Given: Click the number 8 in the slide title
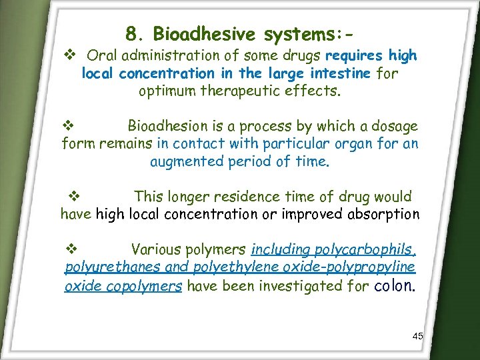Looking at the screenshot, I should click(131, 34).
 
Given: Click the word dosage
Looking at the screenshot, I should click(395, 126).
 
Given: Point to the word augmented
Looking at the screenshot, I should click(181, 161).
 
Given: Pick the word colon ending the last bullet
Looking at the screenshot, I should click(396, 286).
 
